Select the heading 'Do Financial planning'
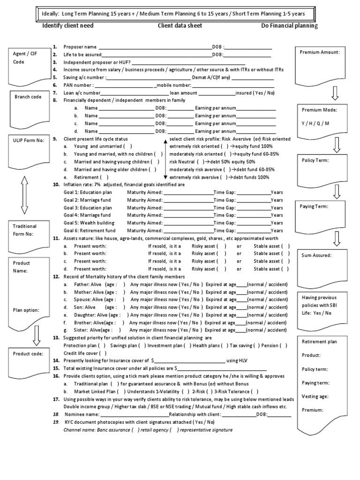point(289,26)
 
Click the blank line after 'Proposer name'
point(155,47)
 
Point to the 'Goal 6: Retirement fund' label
point(90,231)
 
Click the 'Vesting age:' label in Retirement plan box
point(315,396)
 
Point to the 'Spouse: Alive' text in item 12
point(89,300)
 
